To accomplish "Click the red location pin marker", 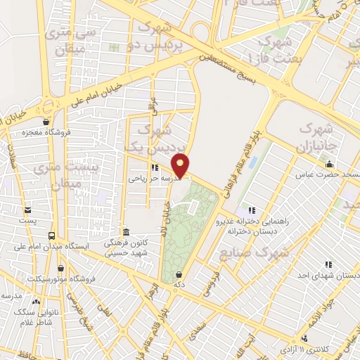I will pyautogui.click(x=182, y=165).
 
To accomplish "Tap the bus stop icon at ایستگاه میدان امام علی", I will pyautogui.click(x=52, y=236).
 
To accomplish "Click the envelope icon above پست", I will pyautogui.click(x=27, y=210).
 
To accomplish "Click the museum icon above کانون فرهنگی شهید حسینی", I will pyautogui.click(x=126, y=232).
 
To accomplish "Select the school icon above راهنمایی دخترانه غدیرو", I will pyautogui.click(x=252, y=210).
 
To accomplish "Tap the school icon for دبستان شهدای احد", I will pyautogui.click(x=328, y=264).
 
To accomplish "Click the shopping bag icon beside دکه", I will pyautogui.click(x=180, y=274).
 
